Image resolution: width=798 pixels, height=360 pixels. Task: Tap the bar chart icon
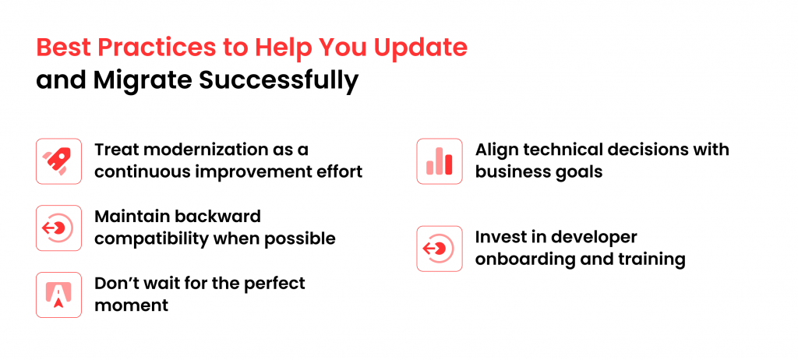440,161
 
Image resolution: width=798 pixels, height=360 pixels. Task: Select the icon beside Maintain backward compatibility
58,228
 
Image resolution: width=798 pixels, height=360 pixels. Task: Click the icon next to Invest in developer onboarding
440,249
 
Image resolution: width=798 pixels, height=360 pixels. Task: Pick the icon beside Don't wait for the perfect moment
58,295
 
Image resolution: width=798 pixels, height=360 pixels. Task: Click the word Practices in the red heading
156,48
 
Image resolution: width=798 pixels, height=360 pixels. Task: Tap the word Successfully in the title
280,82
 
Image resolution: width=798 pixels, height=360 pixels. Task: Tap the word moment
131,305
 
